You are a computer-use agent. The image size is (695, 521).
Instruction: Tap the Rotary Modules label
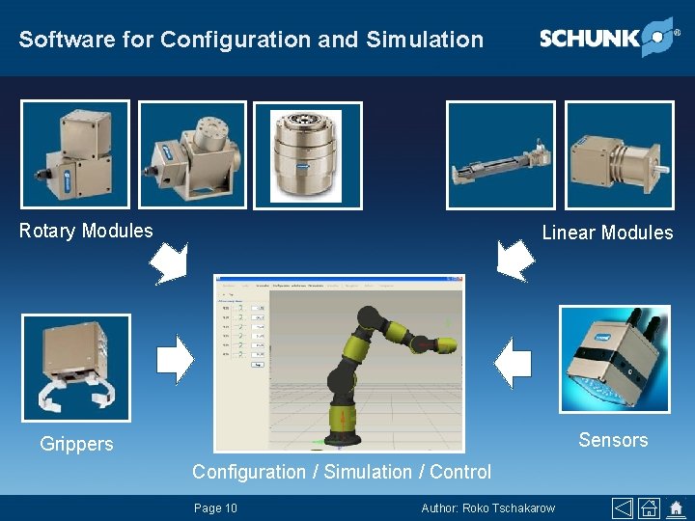click(x=86, y=231)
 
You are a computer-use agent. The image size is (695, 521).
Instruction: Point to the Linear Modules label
click(x=607, y=233)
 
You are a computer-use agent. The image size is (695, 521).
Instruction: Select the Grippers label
click(x=76, y=444)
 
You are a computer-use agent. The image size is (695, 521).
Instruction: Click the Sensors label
click(x=613, y=440)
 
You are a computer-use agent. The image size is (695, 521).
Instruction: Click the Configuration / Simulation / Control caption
click(x=342, y=472)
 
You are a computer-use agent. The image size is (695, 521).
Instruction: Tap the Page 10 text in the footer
click(x=215, y=507)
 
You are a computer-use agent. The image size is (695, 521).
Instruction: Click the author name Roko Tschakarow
click(x=488, y=507)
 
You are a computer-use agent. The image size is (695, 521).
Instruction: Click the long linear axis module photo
click(x=500, y=156)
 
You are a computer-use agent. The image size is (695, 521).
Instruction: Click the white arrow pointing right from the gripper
click(x=175, y=359)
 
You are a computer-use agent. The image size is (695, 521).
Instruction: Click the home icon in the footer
click(x=650, y=507)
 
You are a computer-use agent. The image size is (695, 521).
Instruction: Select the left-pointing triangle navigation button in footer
click(x=623, y=507)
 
